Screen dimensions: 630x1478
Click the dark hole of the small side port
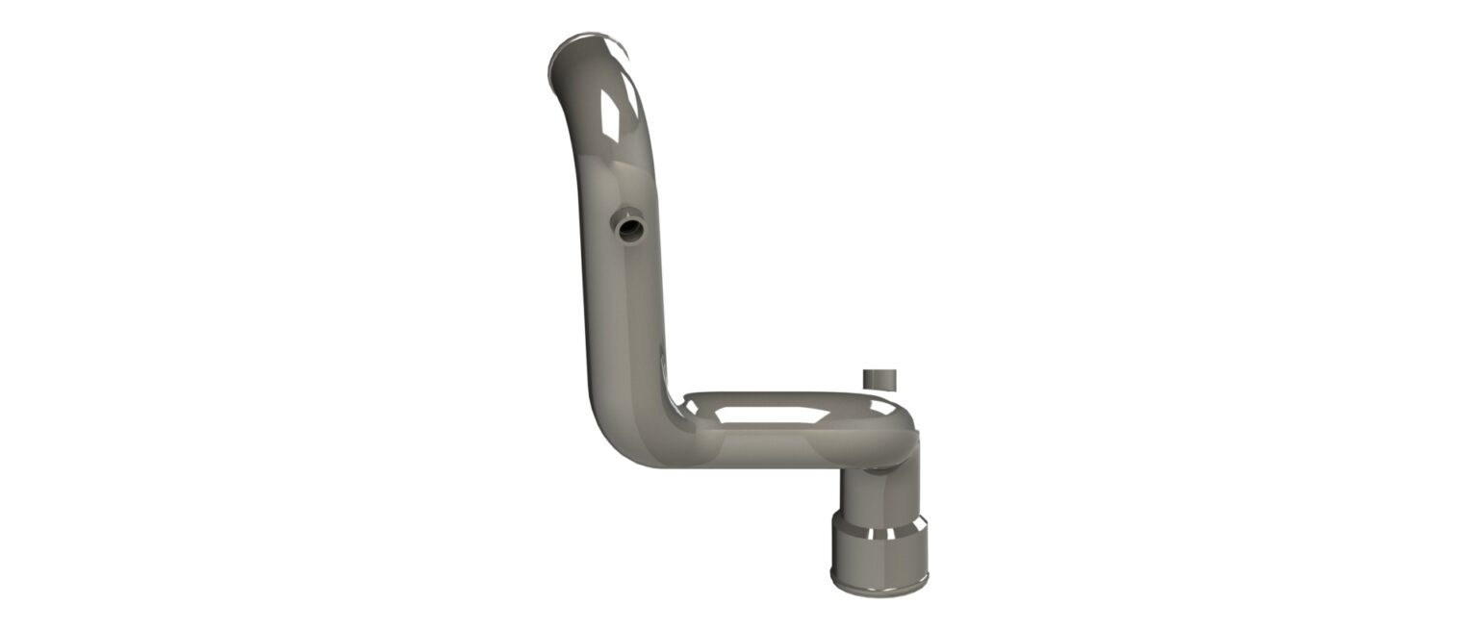pyautogui.click(x=631, y=230)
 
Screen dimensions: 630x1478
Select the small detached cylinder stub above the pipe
pyautogui.click(x=879, y=378)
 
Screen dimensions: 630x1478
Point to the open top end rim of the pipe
pyautogui.click(x=586, y=43)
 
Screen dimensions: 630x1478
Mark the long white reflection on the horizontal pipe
pyautogui.click(x=770, y=416)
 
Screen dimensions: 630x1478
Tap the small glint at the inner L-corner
pyautogui.click(x=690, y=408)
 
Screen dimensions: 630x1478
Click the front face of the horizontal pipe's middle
pyautogui.click(x=770, y=447)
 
